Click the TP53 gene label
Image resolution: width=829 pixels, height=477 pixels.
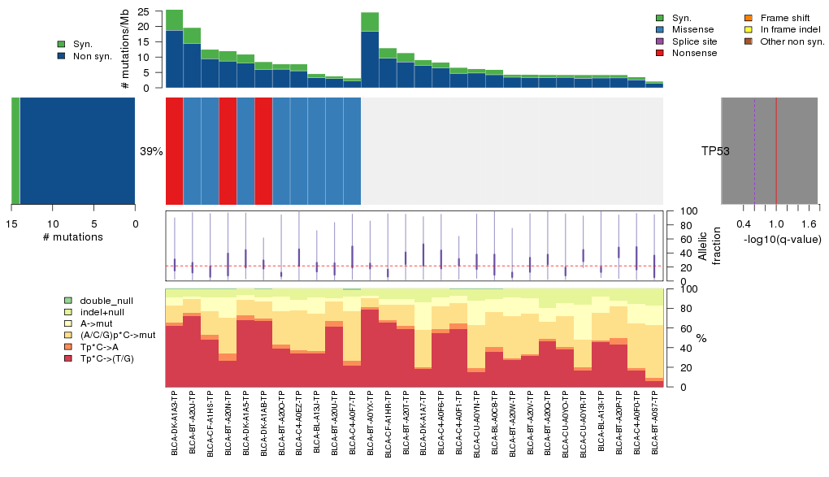coord(714,151)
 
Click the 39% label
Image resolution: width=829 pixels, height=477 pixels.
coord(151,151)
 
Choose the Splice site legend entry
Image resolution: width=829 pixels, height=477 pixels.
coord(692,41)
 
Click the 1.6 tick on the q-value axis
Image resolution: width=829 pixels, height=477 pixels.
coord(809,223)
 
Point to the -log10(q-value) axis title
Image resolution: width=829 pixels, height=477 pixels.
coord(779,237)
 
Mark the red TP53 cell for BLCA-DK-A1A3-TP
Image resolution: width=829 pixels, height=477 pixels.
coord(175,151)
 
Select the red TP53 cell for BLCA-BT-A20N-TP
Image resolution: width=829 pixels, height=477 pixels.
coord(228,151)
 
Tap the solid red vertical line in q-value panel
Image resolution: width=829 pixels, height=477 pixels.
coord(776,151)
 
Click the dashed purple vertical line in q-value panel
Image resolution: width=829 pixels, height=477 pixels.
coord(754,151)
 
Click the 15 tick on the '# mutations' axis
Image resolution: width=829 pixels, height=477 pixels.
coord(11,223)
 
